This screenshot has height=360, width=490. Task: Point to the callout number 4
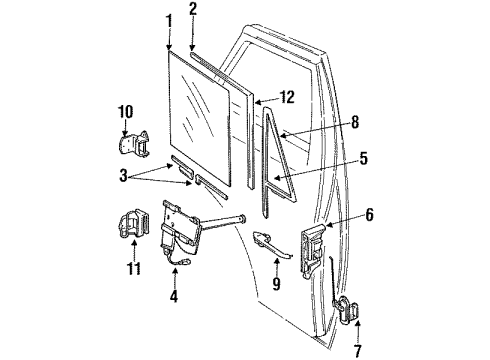pyautogui.click(x=173, y=297)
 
